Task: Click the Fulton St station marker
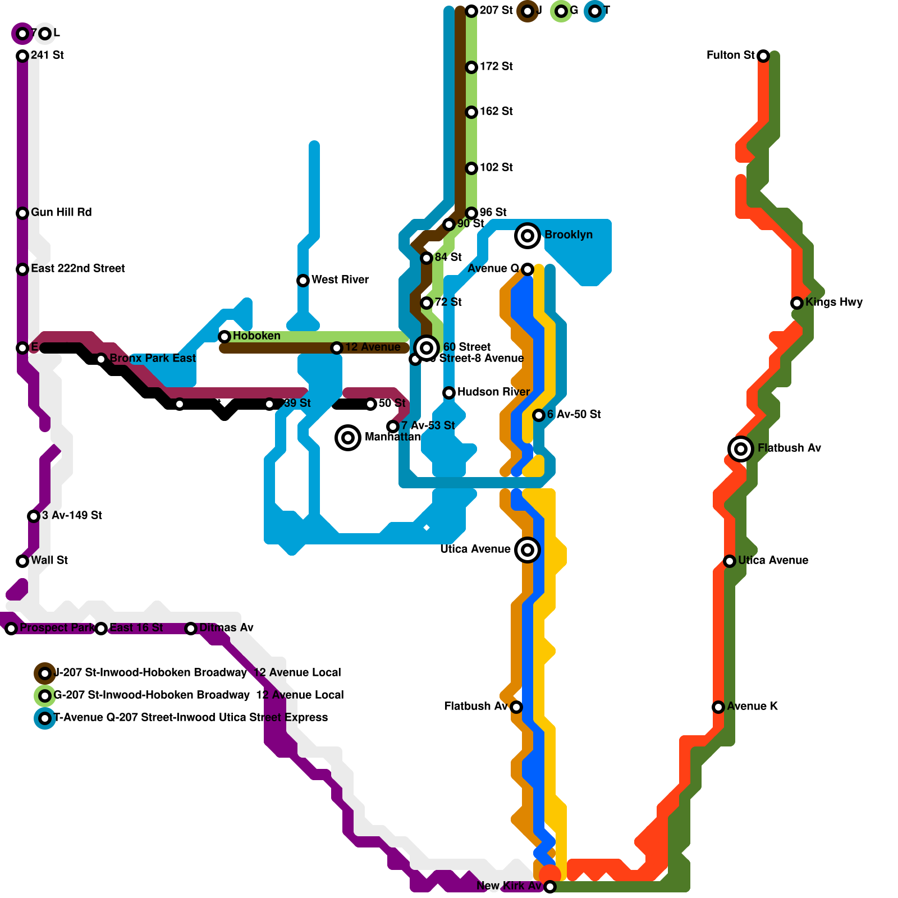tap(763, 56)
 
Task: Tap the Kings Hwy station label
tap(834, 302)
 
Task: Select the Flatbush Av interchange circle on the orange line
tap(741, 448)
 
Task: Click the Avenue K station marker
tap(718, 707)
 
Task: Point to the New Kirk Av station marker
tap(550, 886)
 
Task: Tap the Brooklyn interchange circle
tap(528, 235)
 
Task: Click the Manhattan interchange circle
tap(348, 437)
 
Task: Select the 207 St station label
tap(496, 10)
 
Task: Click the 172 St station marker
tap(471, 67)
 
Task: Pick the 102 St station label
tap(496, 167)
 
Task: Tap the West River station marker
tap(303, 280)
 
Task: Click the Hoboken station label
tap(256, 336)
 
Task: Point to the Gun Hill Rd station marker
tap(22, 213)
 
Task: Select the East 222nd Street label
tap(78, 268)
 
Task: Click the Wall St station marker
tap(22, 561)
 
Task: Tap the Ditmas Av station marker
tap(191, 628)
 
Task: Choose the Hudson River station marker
tap(449, 392)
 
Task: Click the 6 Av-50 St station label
tap(574, 414)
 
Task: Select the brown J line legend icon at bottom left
tap(45, 673)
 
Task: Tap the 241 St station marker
tap(22, 56)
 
